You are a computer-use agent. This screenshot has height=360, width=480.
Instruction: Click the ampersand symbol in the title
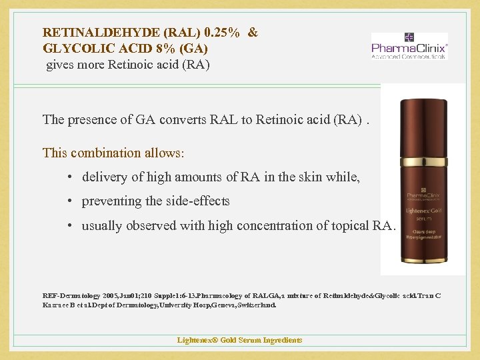253,32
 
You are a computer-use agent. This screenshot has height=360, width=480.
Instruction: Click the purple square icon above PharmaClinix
409,37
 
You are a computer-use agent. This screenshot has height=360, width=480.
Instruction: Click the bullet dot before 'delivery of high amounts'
70,177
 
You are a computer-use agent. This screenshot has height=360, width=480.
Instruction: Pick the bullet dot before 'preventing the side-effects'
70,201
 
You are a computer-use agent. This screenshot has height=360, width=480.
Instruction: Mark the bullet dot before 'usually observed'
70,226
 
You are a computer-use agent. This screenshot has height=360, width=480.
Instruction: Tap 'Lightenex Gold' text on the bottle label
423,209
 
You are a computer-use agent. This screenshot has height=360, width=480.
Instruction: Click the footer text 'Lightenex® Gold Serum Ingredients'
239,340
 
